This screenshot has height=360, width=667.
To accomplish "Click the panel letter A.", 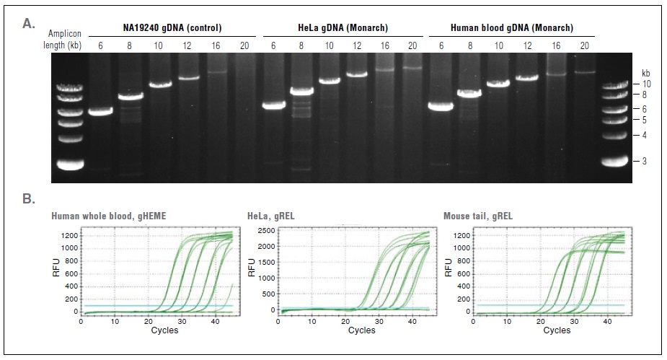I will (29, 23).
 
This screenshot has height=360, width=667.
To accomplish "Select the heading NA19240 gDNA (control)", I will (170, 28).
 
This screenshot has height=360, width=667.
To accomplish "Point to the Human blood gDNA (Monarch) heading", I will (511, 28).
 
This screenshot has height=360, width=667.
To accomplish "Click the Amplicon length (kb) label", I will (64, 40).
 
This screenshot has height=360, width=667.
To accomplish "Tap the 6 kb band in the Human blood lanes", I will (439, 106).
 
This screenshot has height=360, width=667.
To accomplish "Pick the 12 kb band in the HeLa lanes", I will (358, 74).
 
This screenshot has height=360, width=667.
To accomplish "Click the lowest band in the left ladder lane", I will (72, 164).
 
